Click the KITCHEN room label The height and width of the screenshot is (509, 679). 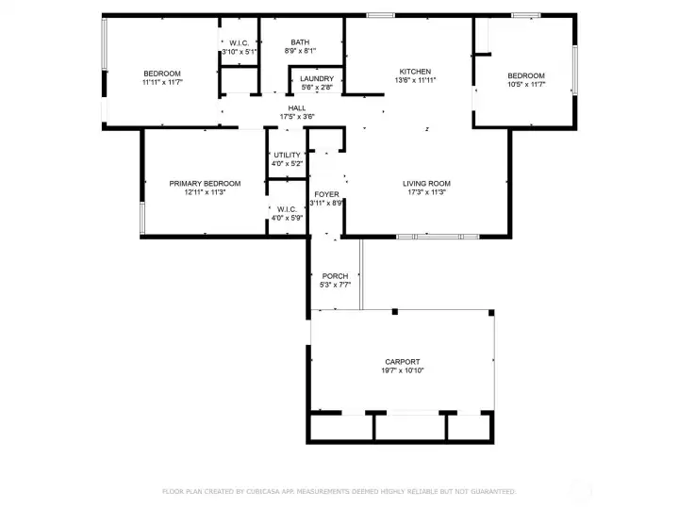pyautogui.click(x=415, y=72)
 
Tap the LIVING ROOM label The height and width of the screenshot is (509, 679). pyautogui.click(x=426, y=184)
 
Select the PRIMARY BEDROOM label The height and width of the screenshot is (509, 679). pyautogui.click(x=205, y=184)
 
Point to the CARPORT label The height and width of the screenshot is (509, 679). pyautogui.click(x=403, y=362)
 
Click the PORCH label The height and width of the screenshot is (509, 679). pyautogui.click(x=335, y=276)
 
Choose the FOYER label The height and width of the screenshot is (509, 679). pyautogui.click(x=326, y=194)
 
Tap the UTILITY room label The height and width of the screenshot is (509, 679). pyautogui.click(x=287, y=155)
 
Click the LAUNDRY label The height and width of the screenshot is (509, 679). pyautogui.click(x=317, y=79)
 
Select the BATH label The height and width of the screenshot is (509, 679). pyautogui.click(x=300, y=42)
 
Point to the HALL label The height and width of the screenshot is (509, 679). pyautogui.click(x=297, y=108)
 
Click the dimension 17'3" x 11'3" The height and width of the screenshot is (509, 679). pyautogui.click(x=426, y=192)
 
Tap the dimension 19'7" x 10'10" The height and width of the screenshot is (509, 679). pyautogui.click(x=403, y=370)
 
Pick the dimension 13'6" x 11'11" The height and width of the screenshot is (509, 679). pyautogui.click(x=415, y=80)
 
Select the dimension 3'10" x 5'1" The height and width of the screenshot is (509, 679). pyautogui.click(x=240, y=52)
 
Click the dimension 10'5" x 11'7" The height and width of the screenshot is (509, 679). pyautogui.click(x=526, y=85)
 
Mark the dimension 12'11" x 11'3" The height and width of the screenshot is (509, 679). pyautogui.click(x=205, y=192)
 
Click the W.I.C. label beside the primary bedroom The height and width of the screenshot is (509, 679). pyautogui.click(x=287, y=209)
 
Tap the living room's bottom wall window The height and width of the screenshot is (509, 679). pyautogui.click(x=438, y=237)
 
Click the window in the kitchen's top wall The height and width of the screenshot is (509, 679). pyautogui.click(x=381, y=16)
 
